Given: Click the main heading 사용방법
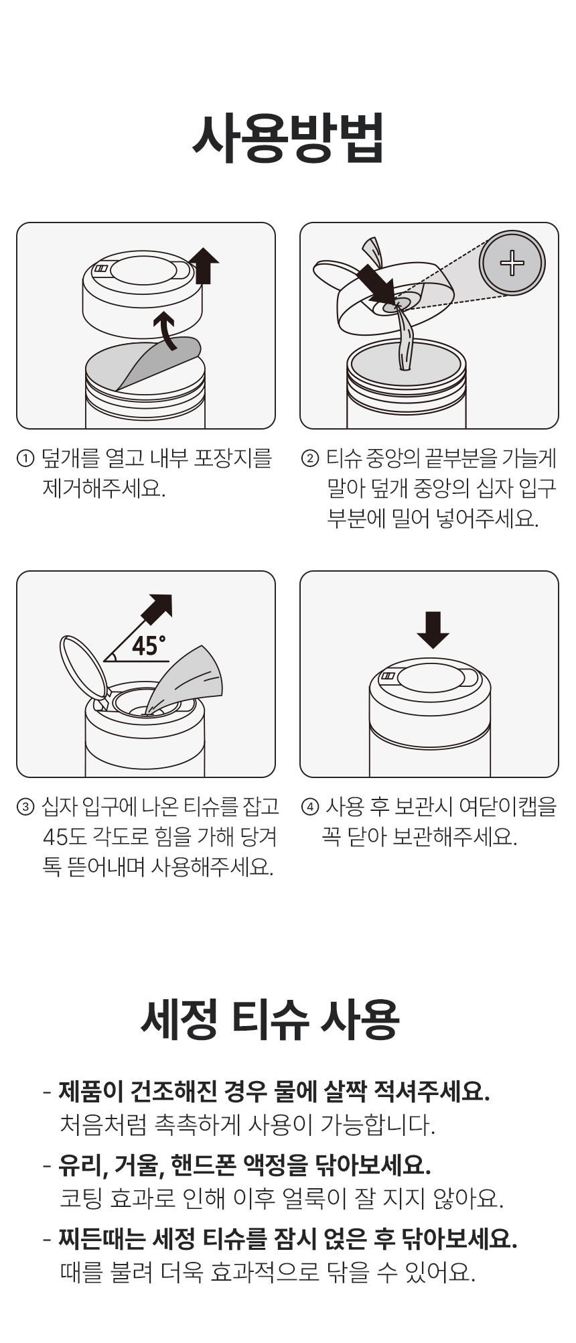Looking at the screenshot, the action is click(288, 138).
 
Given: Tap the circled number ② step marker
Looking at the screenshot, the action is click(310, 459).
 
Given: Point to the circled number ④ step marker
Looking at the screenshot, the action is click(310, 807).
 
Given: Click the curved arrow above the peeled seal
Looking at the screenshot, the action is click(166, 330).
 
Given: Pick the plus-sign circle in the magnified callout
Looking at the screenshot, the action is click(512, 263).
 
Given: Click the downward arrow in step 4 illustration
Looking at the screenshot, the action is click(433, 630).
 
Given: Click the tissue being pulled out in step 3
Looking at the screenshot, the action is click(186, 678).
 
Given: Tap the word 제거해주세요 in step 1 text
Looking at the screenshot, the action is click(103, 489).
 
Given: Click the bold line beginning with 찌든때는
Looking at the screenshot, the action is click(288, 1238).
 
